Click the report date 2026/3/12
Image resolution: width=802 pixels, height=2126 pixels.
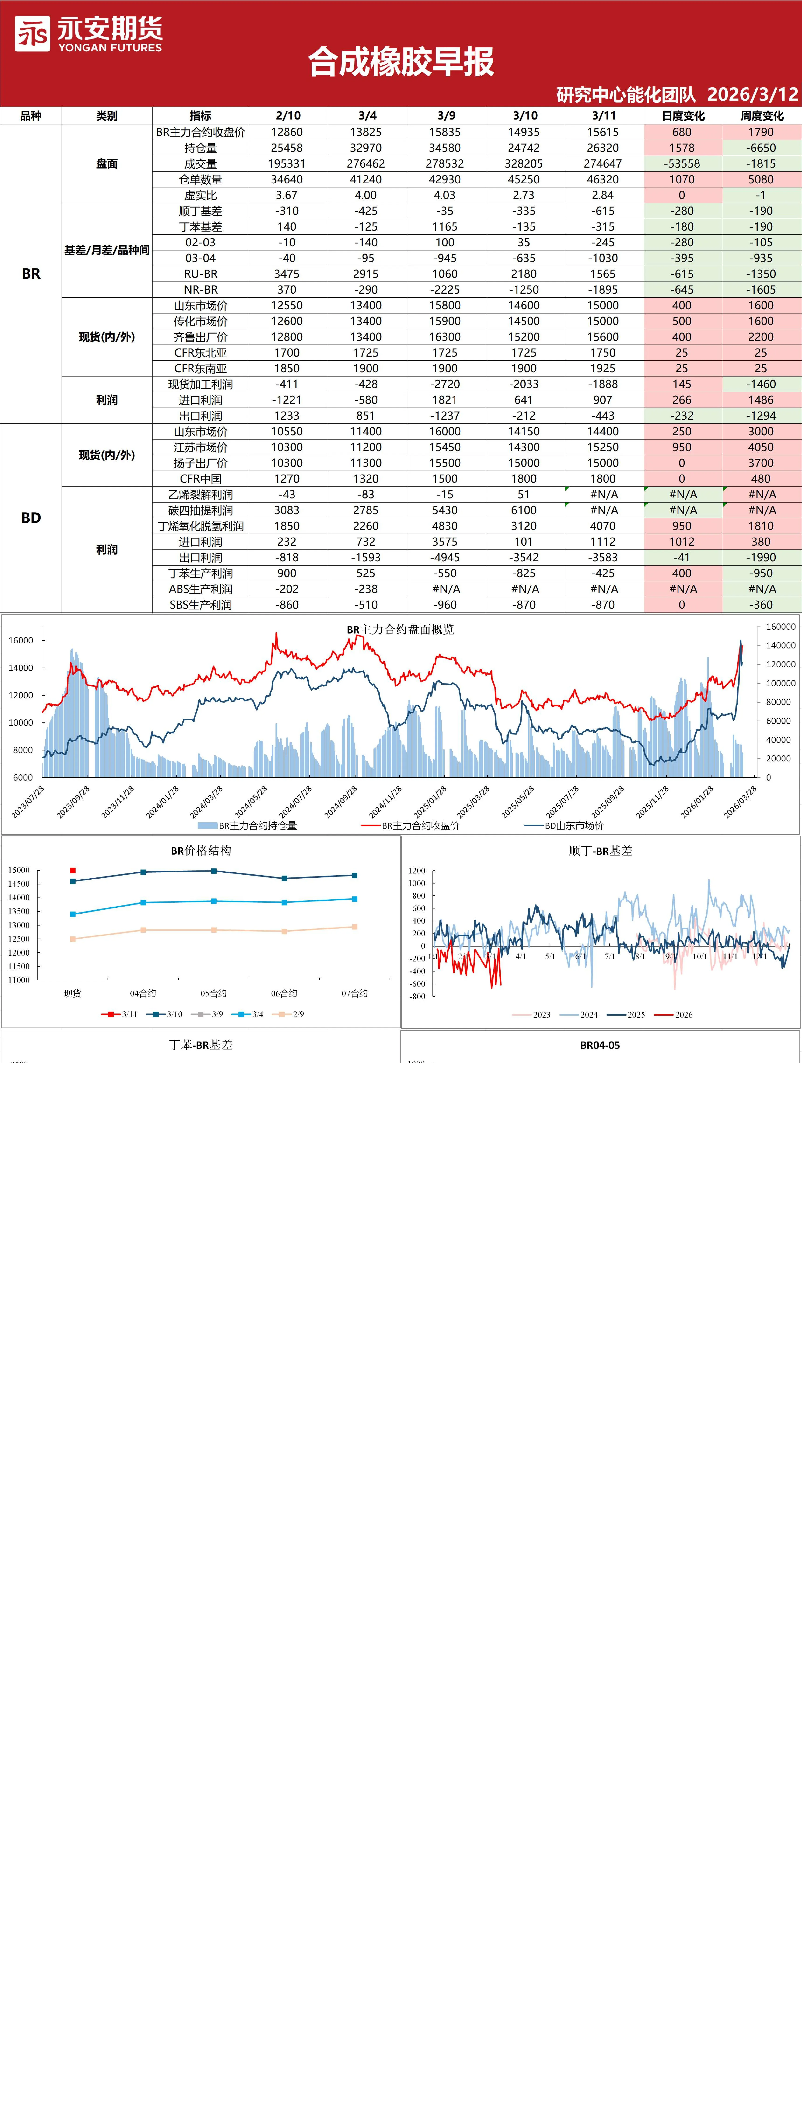(x=753, y=94)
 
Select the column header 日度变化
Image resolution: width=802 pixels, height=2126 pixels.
(x=682, y=116)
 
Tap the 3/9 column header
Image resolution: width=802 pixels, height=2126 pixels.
(x=446, y=116)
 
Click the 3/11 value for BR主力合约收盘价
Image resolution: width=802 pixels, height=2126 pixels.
(x=603, y=132)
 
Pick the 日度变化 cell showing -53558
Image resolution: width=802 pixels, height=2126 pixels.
(x=682, y=163)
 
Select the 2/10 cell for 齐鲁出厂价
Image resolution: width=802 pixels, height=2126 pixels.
(x=287, y=337)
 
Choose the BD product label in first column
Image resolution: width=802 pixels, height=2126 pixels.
(x=31, y=517)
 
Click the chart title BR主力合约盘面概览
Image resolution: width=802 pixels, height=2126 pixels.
(x=400, y=629)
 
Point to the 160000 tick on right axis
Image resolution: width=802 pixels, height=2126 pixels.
(x=781, y=627)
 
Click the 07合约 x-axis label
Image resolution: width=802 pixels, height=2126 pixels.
(x=355, y=993)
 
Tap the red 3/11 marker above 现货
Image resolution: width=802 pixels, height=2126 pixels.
(x=73, y=870)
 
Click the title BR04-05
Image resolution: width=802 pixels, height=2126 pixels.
(x=600, y=1045)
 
